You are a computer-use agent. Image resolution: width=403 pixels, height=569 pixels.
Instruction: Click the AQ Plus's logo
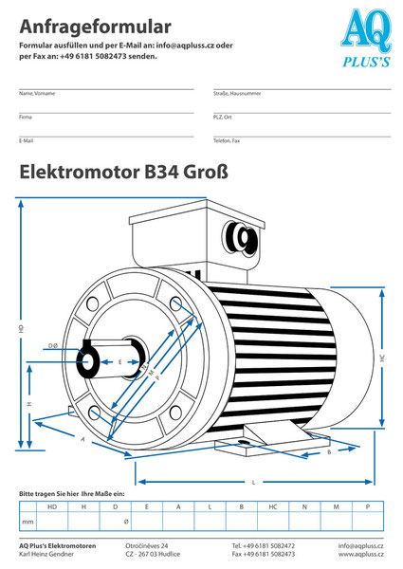[x=364, y=39]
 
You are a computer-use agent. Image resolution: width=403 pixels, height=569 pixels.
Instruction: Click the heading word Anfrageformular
[x=95, y=27]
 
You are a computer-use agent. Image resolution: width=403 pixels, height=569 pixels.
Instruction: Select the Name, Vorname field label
[x=38, y=94]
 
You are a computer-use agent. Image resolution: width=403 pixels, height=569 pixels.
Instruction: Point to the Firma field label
[x=26, y=117]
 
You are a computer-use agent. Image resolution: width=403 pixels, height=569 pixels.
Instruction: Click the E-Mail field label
[x=27, y=139]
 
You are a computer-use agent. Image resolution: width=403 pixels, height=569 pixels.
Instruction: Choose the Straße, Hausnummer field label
[x=238, y=94]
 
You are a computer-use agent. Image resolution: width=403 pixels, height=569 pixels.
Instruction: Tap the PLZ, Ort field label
[x=224, y=117]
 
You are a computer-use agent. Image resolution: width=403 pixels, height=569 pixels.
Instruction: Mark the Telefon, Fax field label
[x=227, y=139]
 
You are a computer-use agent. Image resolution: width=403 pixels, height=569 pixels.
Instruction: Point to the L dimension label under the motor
[x=253, y=482]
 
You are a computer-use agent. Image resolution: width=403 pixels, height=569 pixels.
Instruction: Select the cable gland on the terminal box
[x=246, y=237]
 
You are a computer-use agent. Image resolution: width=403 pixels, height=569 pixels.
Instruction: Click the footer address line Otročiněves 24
[x=147, y=546]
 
